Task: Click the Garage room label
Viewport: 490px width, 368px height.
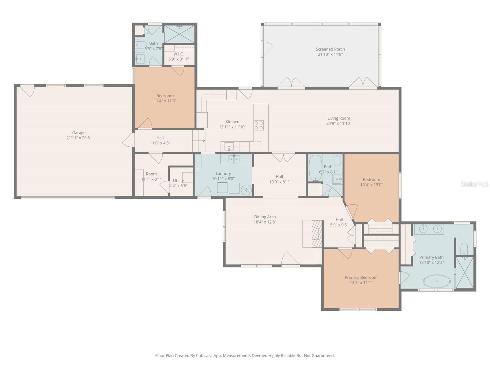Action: click(x=79, y=133)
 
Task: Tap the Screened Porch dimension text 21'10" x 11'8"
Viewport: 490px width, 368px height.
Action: click(x=330, y=54)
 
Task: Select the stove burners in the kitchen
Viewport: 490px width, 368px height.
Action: click(x=258, y=125)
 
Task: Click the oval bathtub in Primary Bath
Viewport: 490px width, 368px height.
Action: click(x=437, y=281)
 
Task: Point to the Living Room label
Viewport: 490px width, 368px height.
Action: click(x=339, y=118)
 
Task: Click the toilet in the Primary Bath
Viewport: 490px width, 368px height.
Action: click(x=464, y=248)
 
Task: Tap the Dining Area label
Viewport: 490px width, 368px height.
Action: click(x=265, y=217)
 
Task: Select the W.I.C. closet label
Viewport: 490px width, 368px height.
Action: click(x=179, y=54)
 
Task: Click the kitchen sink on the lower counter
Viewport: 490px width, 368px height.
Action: click(x=229, y=147)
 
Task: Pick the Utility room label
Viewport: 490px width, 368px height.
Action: click(x=179, y=181)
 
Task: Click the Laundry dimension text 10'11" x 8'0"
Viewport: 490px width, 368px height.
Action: click(x=223, y=179)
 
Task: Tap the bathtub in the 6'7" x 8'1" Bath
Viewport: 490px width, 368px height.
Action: click(x=315, y=168)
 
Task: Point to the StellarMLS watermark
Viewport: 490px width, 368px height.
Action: click(x=475, y=184)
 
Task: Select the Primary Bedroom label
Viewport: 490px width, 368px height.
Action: click(x=361, y=277)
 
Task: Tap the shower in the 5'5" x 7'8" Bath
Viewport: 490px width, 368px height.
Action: click(x=179, y=34)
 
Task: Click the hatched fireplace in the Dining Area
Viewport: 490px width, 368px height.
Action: click(x=317, y=234)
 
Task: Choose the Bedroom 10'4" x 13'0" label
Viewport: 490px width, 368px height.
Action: click(x=371, y=179)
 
